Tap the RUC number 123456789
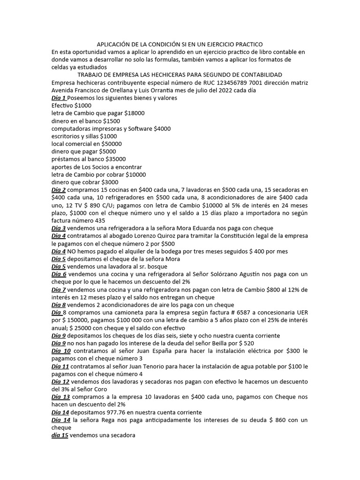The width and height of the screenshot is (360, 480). [217, 82]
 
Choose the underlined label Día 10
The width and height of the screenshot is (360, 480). [61, 351]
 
